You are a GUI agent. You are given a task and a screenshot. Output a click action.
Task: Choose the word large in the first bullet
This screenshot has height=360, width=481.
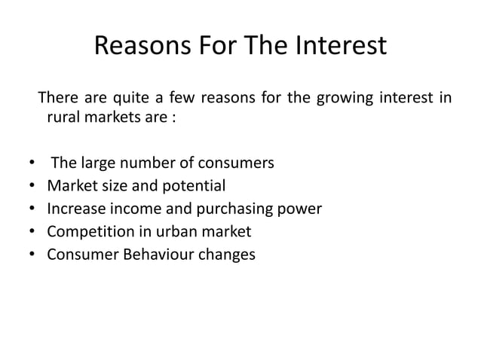click(x=96, y=163)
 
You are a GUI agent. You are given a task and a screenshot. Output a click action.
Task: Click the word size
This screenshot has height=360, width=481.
click(x=125, y=185)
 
